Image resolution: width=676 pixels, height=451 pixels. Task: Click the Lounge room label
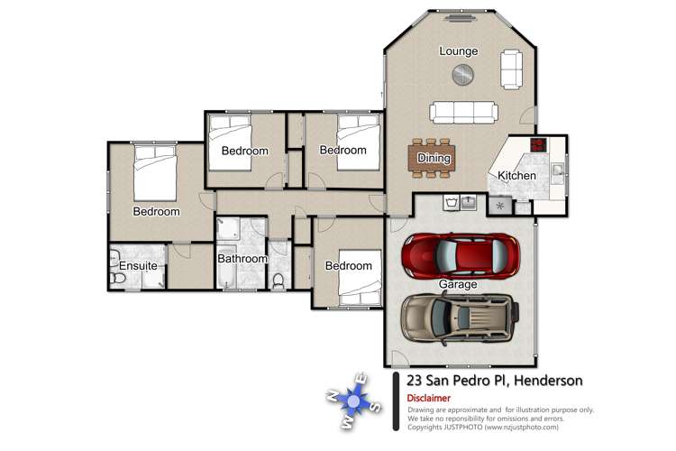pyautogui.click(x=458, y=51)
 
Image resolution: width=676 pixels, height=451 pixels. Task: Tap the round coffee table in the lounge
pyautogui.click(x=462, y=75)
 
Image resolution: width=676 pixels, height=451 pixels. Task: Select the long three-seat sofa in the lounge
pyautogui.click(x=462, y=112)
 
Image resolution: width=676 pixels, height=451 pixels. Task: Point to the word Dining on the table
pyautogui.click(x=434, y=159)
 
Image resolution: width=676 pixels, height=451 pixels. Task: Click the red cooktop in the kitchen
pyautogui.click(x=539, y=144)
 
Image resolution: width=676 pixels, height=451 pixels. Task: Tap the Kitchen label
pyautogui.click(x=517, y=175)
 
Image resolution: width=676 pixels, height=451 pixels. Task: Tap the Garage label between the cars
pyautogui.click(x=458, y=284)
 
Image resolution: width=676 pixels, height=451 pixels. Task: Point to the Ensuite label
pyautogui.click(x=138, y=266)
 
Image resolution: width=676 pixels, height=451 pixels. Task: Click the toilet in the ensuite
pyautogui.click(x=117, y=280)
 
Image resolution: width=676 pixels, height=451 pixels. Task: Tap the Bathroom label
pyautogui.click(x=242, y=259)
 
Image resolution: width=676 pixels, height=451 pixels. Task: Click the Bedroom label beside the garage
pyautogui.click(x=348, y=266)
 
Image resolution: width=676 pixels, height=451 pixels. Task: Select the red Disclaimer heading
pyautogui.click(x=429, y=397)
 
